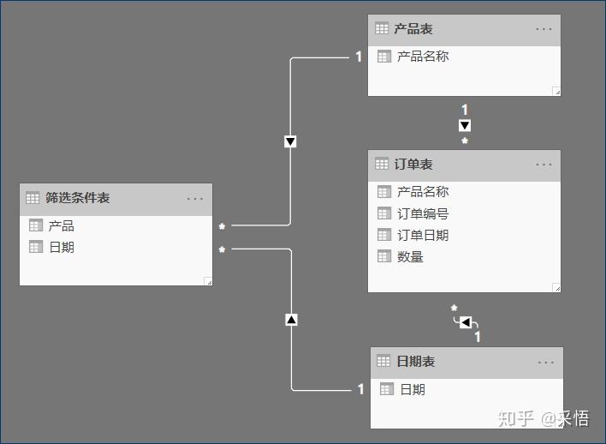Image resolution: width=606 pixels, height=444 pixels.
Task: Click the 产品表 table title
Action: [413, 29]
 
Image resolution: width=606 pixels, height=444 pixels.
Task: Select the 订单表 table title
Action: [413, 164]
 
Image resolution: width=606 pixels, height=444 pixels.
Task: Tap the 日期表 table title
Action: [416, 362]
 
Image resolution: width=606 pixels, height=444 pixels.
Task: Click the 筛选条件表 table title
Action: [77, 198]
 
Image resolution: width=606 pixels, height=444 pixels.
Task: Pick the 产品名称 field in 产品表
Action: [423, 57]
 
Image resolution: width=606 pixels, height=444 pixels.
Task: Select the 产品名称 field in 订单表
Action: [423, 192]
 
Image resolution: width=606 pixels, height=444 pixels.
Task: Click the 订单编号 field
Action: [423, 213]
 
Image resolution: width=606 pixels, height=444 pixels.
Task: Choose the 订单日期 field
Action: [423, 235]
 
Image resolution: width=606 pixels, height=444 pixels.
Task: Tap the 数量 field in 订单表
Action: [410, 256]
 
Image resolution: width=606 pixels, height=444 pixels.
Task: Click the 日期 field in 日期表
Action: [413, 389]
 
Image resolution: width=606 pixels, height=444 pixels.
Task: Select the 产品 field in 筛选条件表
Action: [61, 226]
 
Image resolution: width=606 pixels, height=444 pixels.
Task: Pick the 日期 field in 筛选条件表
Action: [61, 248]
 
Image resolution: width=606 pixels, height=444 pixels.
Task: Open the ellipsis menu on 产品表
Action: [544, 29]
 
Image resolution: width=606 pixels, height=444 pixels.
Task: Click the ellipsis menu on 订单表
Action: [544, 165]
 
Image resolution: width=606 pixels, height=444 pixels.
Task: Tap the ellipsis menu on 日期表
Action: [546, 363]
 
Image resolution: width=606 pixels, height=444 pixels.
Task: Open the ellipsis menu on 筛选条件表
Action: [195, 199]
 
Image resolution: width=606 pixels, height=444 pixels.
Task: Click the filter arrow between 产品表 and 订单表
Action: [465, 125]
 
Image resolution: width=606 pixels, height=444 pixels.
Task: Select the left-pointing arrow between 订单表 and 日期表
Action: [466, 322]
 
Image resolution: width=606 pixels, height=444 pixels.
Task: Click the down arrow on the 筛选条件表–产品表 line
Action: [290, 141]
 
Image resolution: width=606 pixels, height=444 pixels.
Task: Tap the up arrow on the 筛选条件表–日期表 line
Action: [291, 320]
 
